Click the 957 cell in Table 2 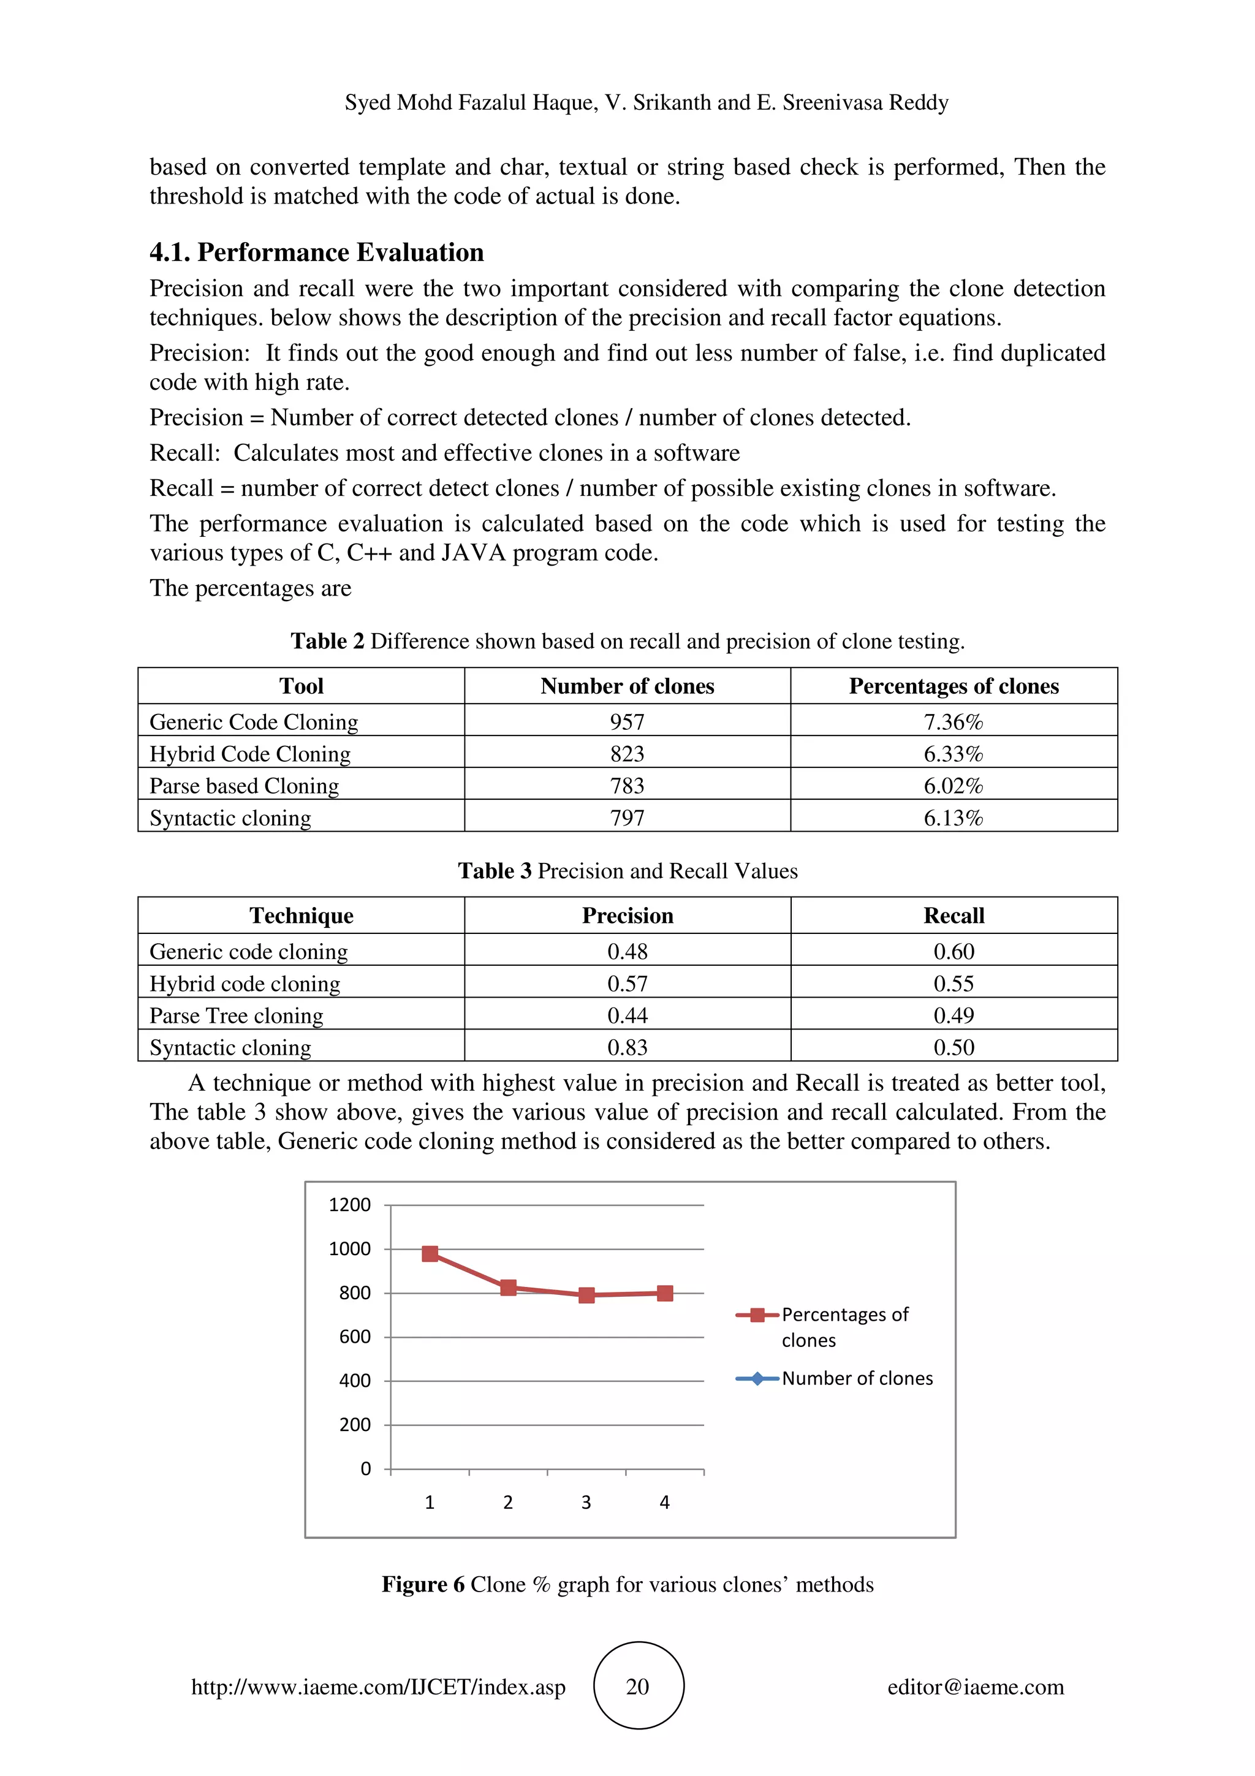[627, 722]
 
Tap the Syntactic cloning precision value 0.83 [627, 1047]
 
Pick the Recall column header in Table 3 [954, 916]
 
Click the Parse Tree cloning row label [237, 1015]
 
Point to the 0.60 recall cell [954, 951]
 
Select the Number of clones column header [627, 686]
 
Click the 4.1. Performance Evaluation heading [316, 253]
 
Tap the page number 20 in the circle [637, 1687]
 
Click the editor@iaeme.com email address [975, 1687]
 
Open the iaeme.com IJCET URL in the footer [378, 1687]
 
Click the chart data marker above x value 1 [431, 1254]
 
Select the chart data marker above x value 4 [665, 1293]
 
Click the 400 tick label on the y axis [355, 1381]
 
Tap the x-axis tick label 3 [586, 1502]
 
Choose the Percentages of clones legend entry [844, 1327]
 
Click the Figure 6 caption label [422, 1585]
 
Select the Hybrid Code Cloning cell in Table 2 [250, 754]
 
